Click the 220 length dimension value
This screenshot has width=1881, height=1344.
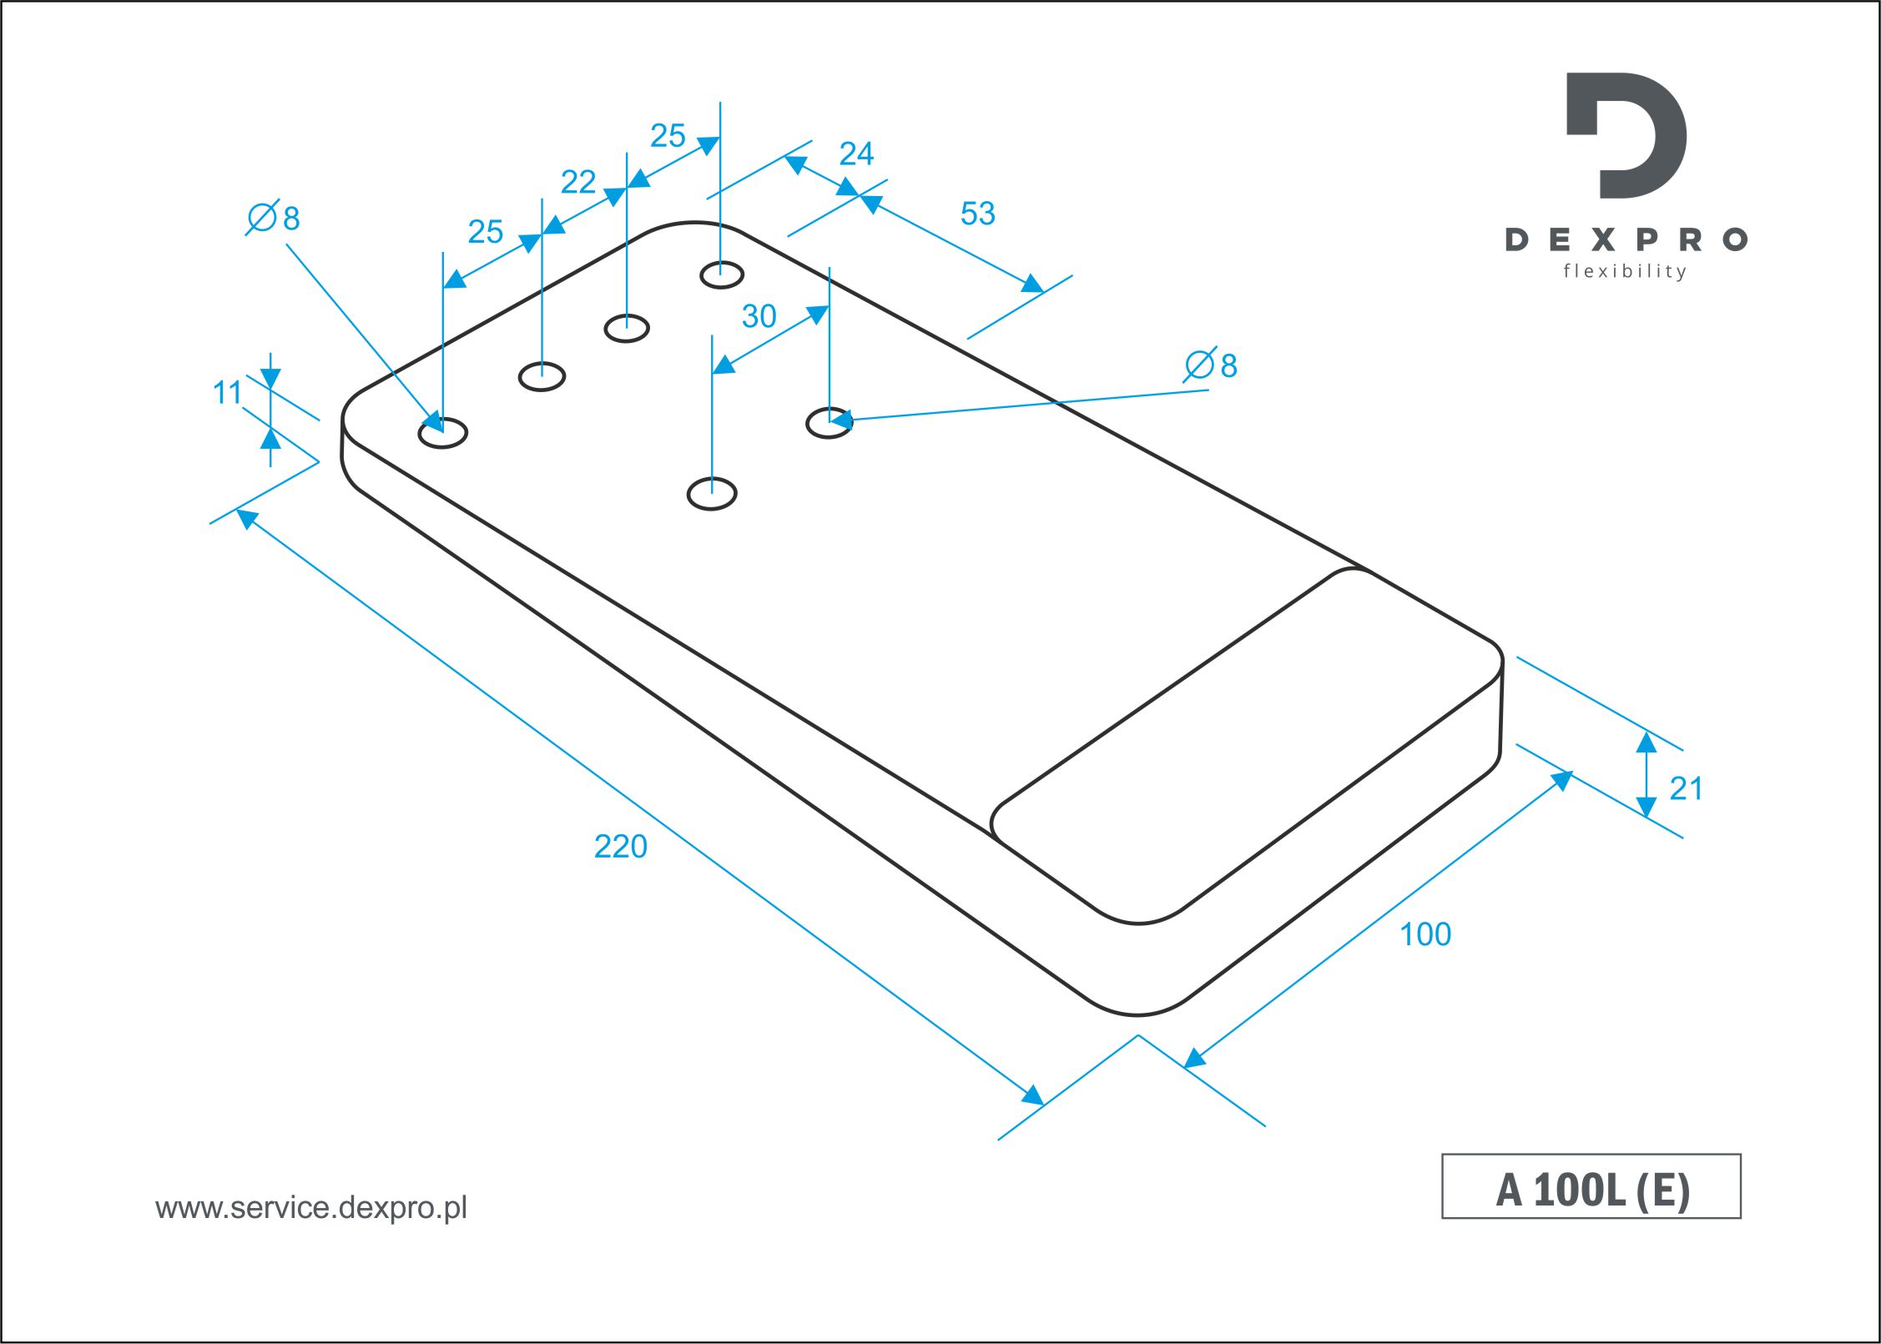pos(620,847)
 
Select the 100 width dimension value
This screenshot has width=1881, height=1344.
pos(1425,934)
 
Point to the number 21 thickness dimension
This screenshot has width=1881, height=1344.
pos(1686,788)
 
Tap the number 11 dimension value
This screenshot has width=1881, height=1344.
pos(227,392)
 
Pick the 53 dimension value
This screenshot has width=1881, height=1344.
pos(977,214)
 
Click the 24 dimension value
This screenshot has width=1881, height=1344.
pos(856,154)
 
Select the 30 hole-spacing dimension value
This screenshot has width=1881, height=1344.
pos(759,316)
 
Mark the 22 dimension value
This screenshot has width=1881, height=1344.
pos(578,182)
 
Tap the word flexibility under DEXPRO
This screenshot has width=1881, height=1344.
pos(1625,271)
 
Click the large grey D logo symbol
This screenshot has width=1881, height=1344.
pos(1626,135)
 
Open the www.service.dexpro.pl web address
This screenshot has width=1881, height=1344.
pos(311,1208)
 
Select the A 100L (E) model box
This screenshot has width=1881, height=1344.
pos(1591,1186)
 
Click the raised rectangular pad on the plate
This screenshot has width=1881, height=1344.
pos(1247,746)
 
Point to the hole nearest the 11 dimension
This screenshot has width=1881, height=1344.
pos(442,432)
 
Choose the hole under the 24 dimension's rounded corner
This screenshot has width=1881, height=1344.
pos(721,274)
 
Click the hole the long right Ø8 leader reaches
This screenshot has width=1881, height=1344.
pos(829,423)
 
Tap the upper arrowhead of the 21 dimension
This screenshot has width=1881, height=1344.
pos(1646,742)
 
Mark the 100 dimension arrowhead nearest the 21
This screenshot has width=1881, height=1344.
pos(1561,781)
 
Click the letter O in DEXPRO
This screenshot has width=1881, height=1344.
pos(1736,240)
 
